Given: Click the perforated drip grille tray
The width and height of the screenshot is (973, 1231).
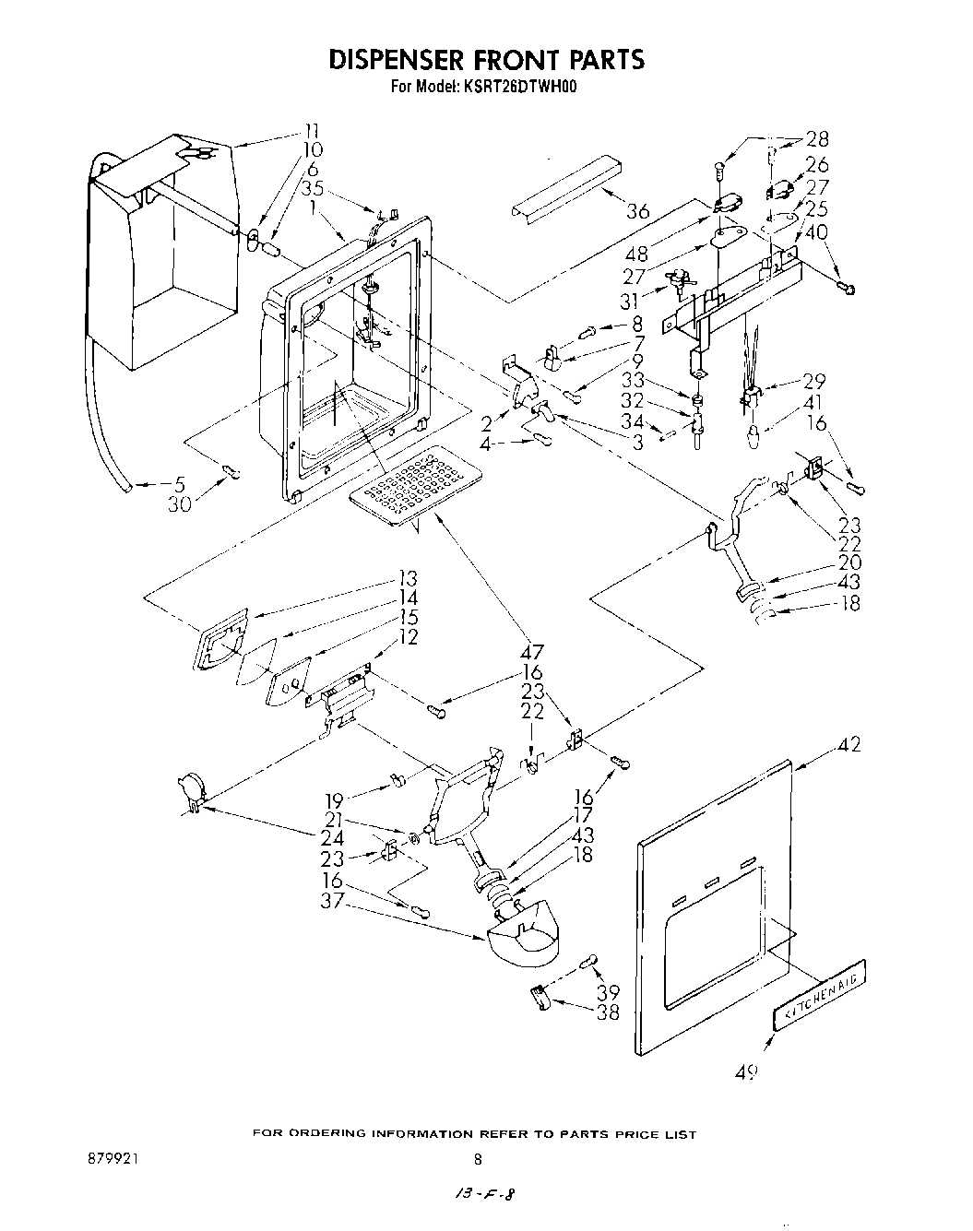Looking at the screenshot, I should tap(416, 486).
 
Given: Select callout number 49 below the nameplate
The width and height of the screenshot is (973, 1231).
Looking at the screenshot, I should tap(748, 1071).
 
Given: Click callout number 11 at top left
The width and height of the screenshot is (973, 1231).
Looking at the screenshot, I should tap(313, 131).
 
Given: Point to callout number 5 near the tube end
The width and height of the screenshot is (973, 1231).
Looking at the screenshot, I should tap(179, 483).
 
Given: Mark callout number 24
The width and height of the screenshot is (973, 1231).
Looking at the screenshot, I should tap(332, 838).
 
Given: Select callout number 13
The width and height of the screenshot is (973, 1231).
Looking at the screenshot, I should tap(407, 579).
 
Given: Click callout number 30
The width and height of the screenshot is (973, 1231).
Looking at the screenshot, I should tap(179, 504).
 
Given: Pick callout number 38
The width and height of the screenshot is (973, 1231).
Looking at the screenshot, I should tap(607, 1012).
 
